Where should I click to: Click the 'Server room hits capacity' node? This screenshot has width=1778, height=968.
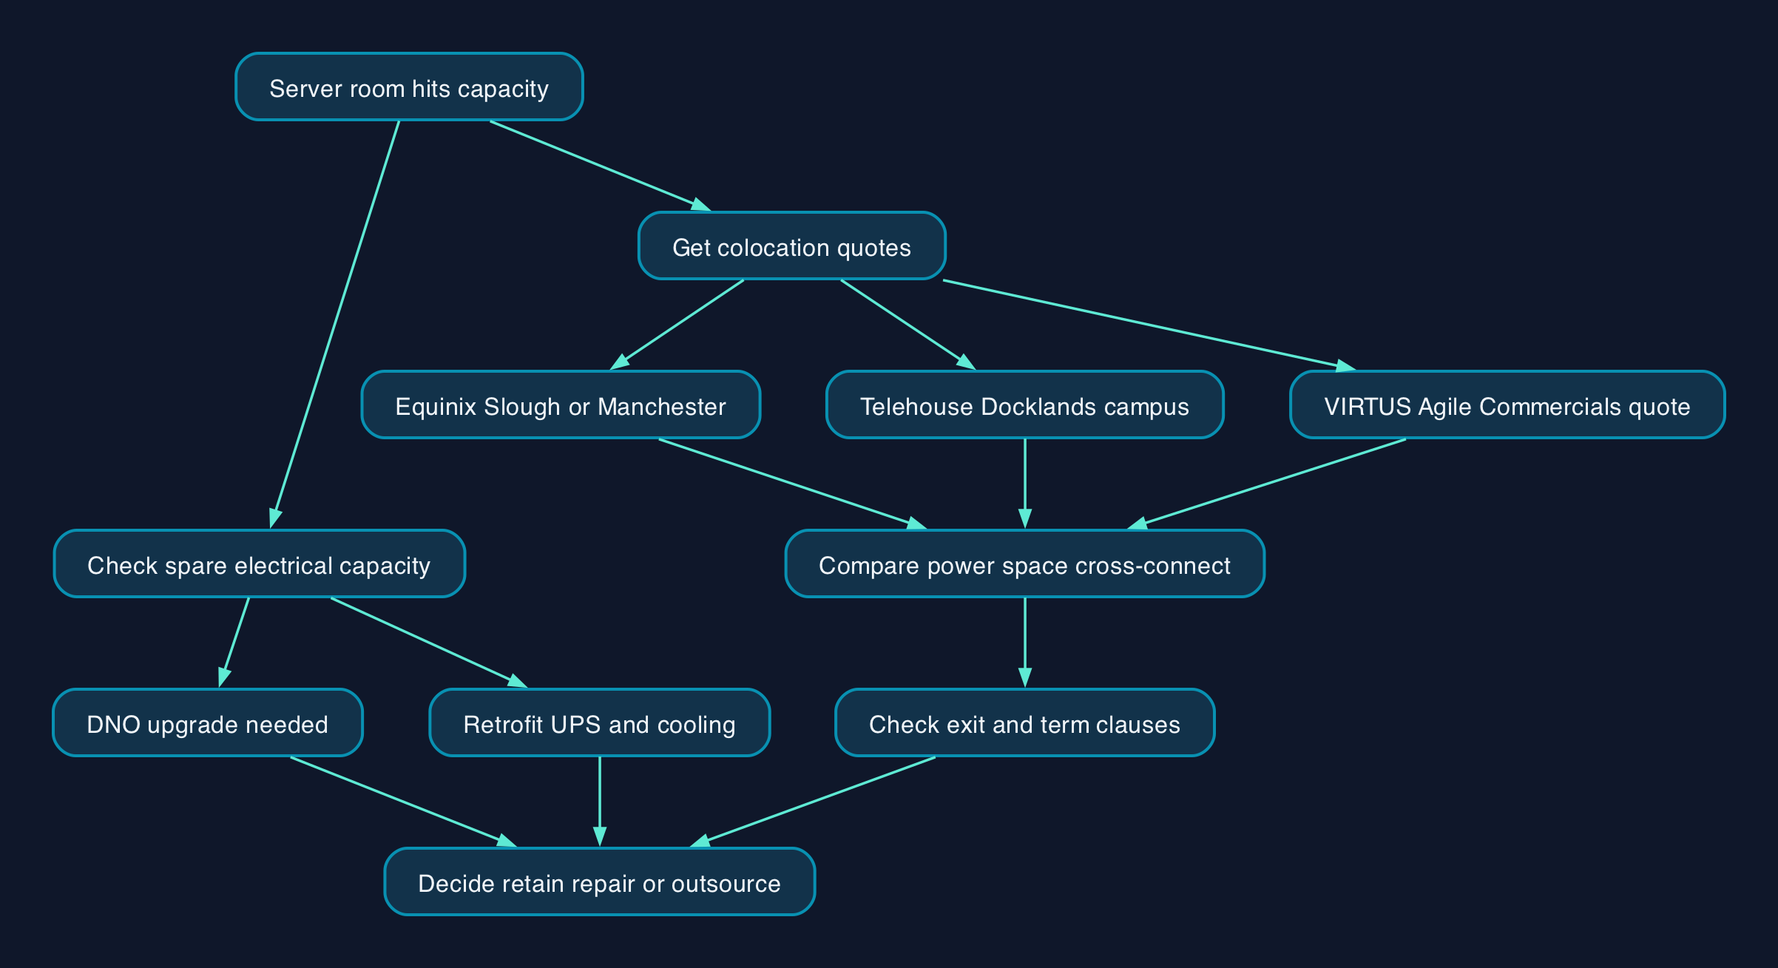click(x=409, y=87)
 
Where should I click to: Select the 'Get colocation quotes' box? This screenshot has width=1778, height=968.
click(x=791, y=246)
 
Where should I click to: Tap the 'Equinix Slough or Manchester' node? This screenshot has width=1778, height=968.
click(x=561, y=405)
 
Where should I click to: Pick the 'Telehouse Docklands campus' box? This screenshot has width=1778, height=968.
click(x=1024, y=405)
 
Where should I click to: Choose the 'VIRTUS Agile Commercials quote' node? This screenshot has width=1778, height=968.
click(x=1507, y=405)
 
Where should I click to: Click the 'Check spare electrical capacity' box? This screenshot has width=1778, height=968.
click(x=259, y=563)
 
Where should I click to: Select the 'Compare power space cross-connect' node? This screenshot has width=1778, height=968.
click(x=1024, y=563)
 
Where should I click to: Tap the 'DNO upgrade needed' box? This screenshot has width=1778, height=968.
click(x=207, y=722)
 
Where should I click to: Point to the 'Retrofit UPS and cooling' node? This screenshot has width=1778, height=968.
click(x=599, y=722)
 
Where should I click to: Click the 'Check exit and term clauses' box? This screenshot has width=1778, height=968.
click(x=1024, y=722)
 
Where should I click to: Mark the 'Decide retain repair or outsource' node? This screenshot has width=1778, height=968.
click(x=599, y=881)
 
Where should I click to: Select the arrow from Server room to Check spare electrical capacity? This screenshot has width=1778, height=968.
click(x=335, y=325)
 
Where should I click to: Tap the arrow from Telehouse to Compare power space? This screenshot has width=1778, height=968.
click(x=1024, y=484)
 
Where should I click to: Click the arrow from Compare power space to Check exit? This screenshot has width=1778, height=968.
click(x=1024, y=643)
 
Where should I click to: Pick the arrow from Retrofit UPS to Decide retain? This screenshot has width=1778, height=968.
click(x=599, y=802)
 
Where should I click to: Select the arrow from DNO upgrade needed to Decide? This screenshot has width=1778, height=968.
click(x=404, y=802)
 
